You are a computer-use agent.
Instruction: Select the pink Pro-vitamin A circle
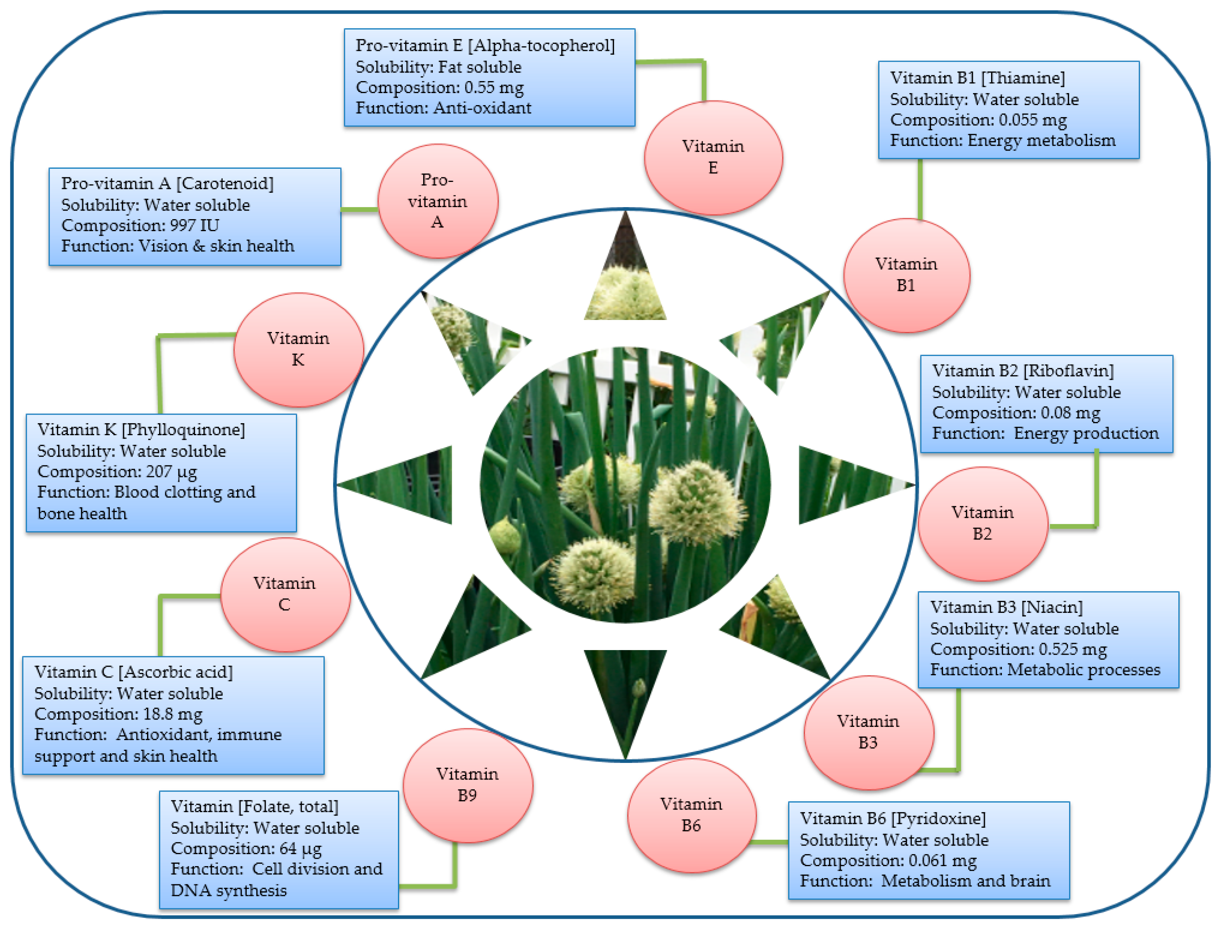point(437,201)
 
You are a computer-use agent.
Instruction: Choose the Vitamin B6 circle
point(690,815)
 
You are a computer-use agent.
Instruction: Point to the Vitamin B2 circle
point(982,523)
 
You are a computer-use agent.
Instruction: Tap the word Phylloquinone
point(183,429)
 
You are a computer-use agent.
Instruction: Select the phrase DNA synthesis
point(228,890)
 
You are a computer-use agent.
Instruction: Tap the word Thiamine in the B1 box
point(1022,78)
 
